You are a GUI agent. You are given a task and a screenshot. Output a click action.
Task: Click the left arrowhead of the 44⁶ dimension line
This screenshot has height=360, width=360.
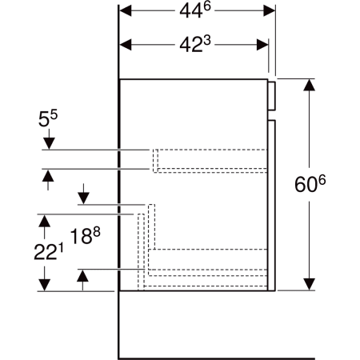125,11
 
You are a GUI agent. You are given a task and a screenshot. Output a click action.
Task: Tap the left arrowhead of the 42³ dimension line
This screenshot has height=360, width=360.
125,45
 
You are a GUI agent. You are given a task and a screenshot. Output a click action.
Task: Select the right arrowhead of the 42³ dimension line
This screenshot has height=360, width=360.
263,45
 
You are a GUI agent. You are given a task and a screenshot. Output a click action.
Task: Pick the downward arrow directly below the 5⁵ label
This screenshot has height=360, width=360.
49,143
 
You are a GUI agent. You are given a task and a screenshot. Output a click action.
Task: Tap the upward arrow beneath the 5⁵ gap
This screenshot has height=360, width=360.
49,175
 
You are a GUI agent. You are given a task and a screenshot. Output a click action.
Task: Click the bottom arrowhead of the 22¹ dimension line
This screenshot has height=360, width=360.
46,284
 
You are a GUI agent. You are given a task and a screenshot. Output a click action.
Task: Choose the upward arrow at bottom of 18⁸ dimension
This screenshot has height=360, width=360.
82,276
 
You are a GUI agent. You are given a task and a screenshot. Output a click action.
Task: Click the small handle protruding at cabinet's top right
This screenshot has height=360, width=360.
272,94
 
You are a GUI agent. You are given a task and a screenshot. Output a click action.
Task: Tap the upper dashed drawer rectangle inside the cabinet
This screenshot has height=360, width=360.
210,160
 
